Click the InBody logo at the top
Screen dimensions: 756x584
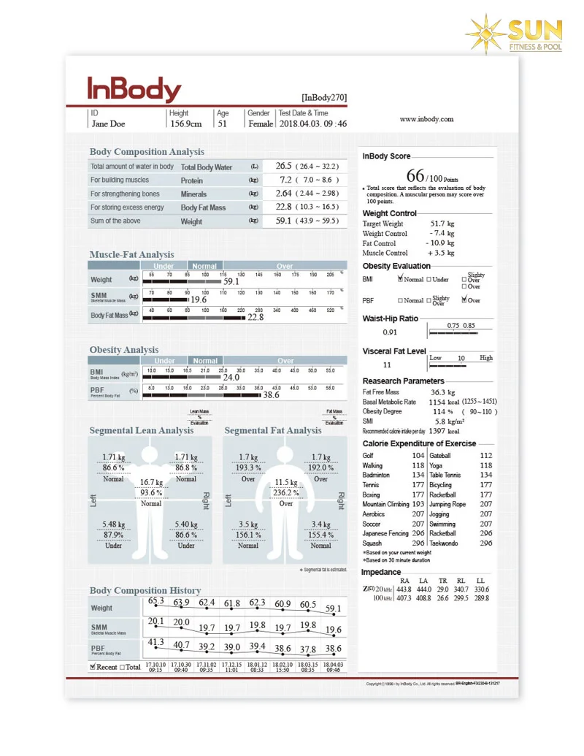pos(134,90)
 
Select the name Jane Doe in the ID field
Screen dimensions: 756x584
pos(108,124)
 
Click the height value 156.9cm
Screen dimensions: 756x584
pos(186,124)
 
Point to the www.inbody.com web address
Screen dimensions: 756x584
pos(427,119)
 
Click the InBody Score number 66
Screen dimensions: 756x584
pos(416,176)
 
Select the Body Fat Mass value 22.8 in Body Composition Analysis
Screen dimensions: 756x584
pos(285,207)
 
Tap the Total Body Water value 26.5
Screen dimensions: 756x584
pos(284,166)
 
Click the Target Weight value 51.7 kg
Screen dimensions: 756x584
pos(442,224)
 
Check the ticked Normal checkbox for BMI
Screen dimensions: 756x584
pos(401,279)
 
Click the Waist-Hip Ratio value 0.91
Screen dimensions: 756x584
pos(390,332)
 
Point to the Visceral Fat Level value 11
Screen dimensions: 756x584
pos(387,364)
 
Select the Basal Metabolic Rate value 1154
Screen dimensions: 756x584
pos(437,402)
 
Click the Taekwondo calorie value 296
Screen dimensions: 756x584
pos(485,543)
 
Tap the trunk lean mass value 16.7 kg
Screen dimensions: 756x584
pos(151,482)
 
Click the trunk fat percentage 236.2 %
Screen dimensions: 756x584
pos(286,492)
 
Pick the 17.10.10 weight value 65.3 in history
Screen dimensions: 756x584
pos(156,601)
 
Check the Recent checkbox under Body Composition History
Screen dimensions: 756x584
pos(93,667)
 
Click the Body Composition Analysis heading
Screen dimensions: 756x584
pos(147,152)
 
